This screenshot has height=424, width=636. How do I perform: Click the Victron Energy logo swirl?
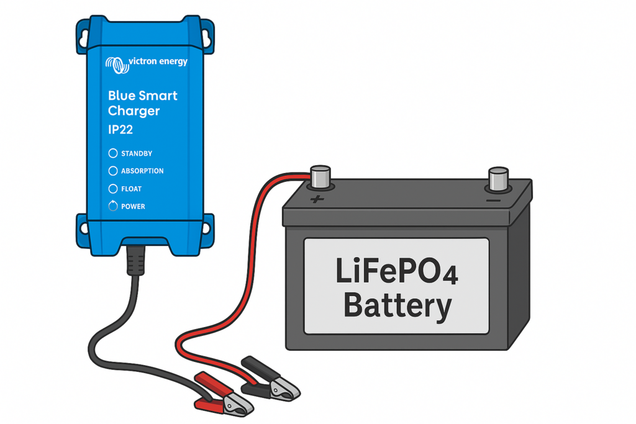click(x=116, y=63)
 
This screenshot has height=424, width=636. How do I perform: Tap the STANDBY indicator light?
click(x=113, y=153)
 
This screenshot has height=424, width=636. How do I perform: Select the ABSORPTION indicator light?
click(x=113, y=171)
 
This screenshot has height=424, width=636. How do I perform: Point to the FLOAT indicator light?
click(x=113, y=189)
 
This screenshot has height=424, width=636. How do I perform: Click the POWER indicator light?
click(x=113, y=206)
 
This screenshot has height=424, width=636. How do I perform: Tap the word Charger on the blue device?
click(x=134, y=111)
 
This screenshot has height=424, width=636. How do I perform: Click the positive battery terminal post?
click(x=320, y=177)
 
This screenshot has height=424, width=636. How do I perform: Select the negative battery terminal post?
click(x=499, y=178)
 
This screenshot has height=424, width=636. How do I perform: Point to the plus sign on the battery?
click(x=317, y=199)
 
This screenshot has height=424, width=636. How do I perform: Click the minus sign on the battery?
click(x=494, y=201)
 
